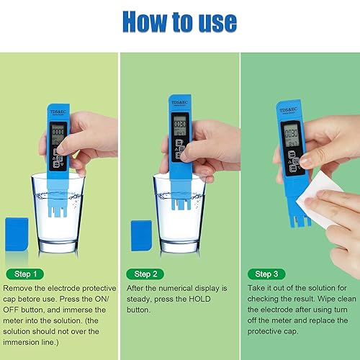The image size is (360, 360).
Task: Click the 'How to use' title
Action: coord(179,22)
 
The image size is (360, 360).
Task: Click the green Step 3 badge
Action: coord(266,274)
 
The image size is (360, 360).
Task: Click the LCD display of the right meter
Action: coord(291,134)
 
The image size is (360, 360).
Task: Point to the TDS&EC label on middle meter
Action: coord(179,102)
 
